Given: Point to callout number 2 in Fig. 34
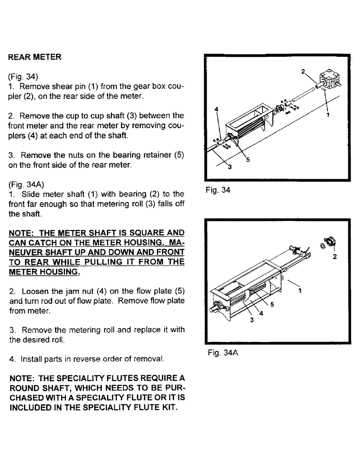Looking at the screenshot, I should [303, 72].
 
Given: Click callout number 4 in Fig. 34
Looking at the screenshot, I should [216, 109].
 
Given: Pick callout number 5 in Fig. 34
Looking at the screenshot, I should [248, 159].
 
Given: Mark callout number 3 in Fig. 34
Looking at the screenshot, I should [229, 169].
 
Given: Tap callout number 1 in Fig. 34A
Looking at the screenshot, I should [300, 289].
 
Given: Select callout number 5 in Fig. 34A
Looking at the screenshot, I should [272, 304].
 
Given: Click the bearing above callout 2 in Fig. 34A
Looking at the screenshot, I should [330, 243].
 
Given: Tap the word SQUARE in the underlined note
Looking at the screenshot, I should [144, 233].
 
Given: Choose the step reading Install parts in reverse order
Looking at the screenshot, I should [86, 360].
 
